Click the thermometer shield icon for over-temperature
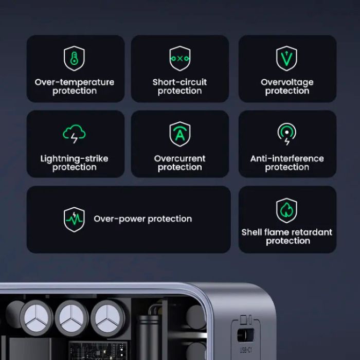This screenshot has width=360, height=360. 75,59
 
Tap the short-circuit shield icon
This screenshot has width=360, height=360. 180,59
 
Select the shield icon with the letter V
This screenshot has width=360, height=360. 287,59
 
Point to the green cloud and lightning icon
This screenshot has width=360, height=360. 75,134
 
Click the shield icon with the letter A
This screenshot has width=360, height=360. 180,135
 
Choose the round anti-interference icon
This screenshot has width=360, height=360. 287,134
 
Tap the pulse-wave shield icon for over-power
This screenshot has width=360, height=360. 74,219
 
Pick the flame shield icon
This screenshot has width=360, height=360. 287,210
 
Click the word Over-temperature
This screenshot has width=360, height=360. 75,82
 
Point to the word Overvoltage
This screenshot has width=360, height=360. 287,82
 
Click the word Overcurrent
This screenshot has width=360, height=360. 180,158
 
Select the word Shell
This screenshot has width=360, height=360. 252,232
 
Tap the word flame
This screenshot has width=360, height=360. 278,232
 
